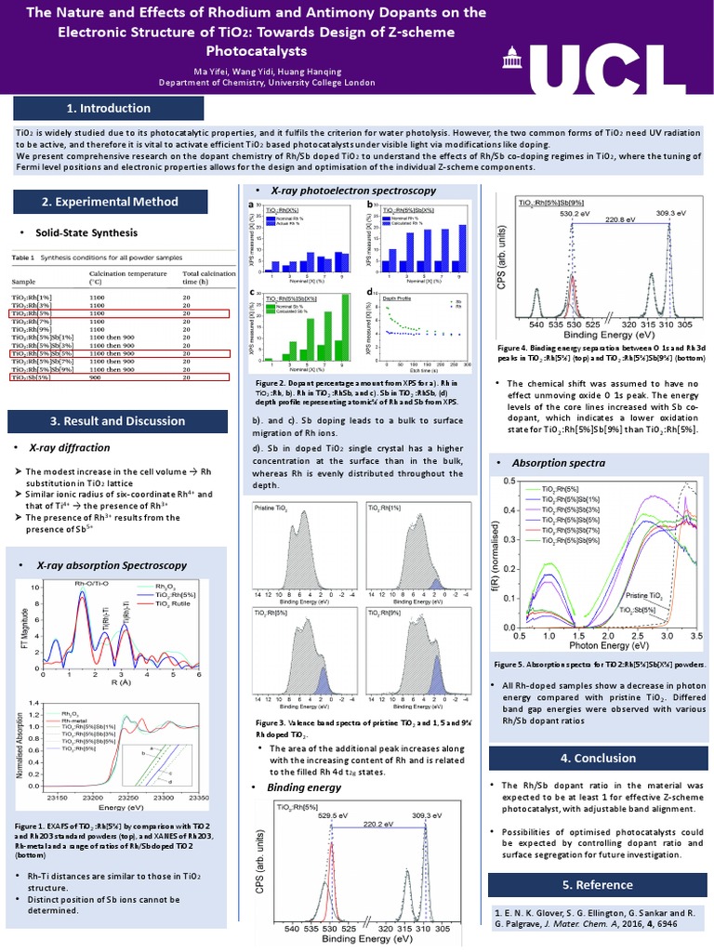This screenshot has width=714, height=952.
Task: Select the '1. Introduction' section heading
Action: (x=109, y=109)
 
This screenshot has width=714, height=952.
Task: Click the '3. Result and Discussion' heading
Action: (x=111, y=421)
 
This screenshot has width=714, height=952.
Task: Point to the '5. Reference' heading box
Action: (x=598, y=884)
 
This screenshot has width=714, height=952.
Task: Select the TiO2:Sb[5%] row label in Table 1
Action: (x=31, y=377)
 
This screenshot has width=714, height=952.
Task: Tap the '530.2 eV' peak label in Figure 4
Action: (x=570, y=213)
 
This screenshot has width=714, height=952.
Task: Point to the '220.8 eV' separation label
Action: (x=619, y=222)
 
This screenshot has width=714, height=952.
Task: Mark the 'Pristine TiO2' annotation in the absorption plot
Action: (x=643, y=594)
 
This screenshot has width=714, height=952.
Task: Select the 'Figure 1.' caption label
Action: (x=31, y=825)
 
